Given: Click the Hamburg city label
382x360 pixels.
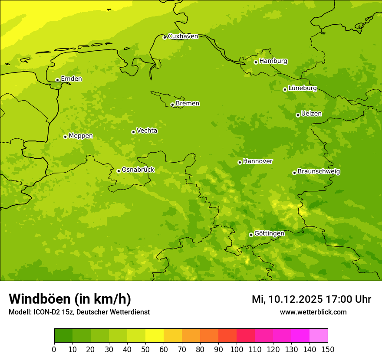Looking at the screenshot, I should [273, 61].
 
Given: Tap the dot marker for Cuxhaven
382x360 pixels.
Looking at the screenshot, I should [165, 38].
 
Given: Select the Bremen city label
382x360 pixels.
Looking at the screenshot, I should [188, 104].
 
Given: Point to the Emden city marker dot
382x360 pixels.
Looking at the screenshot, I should [57, 80].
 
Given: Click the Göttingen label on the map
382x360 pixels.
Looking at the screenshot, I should [269, 234].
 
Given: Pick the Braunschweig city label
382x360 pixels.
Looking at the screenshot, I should [319, 172].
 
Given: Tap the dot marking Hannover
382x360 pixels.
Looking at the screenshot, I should [240, 162].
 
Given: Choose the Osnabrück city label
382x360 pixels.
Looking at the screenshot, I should [138, 170].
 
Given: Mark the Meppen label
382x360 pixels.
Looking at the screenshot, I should [81, 136].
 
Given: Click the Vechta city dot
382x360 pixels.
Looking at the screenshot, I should [133, 132].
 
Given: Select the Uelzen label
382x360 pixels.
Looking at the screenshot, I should [311, 114].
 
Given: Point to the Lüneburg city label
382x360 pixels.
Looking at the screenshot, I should [303, 88].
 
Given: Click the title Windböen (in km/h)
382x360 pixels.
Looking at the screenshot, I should [70, 299].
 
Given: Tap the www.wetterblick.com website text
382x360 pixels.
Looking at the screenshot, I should [313, 312].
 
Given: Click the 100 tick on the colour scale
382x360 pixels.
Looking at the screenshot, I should [237, 349].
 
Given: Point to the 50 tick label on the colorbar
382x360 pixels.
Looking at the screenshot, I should [145, 349].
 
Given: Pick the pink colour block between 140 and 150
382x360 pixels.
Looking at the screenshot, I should [319, 336].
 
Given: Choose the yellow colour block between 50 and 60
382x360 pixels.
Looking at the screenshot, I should [155, 336].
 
